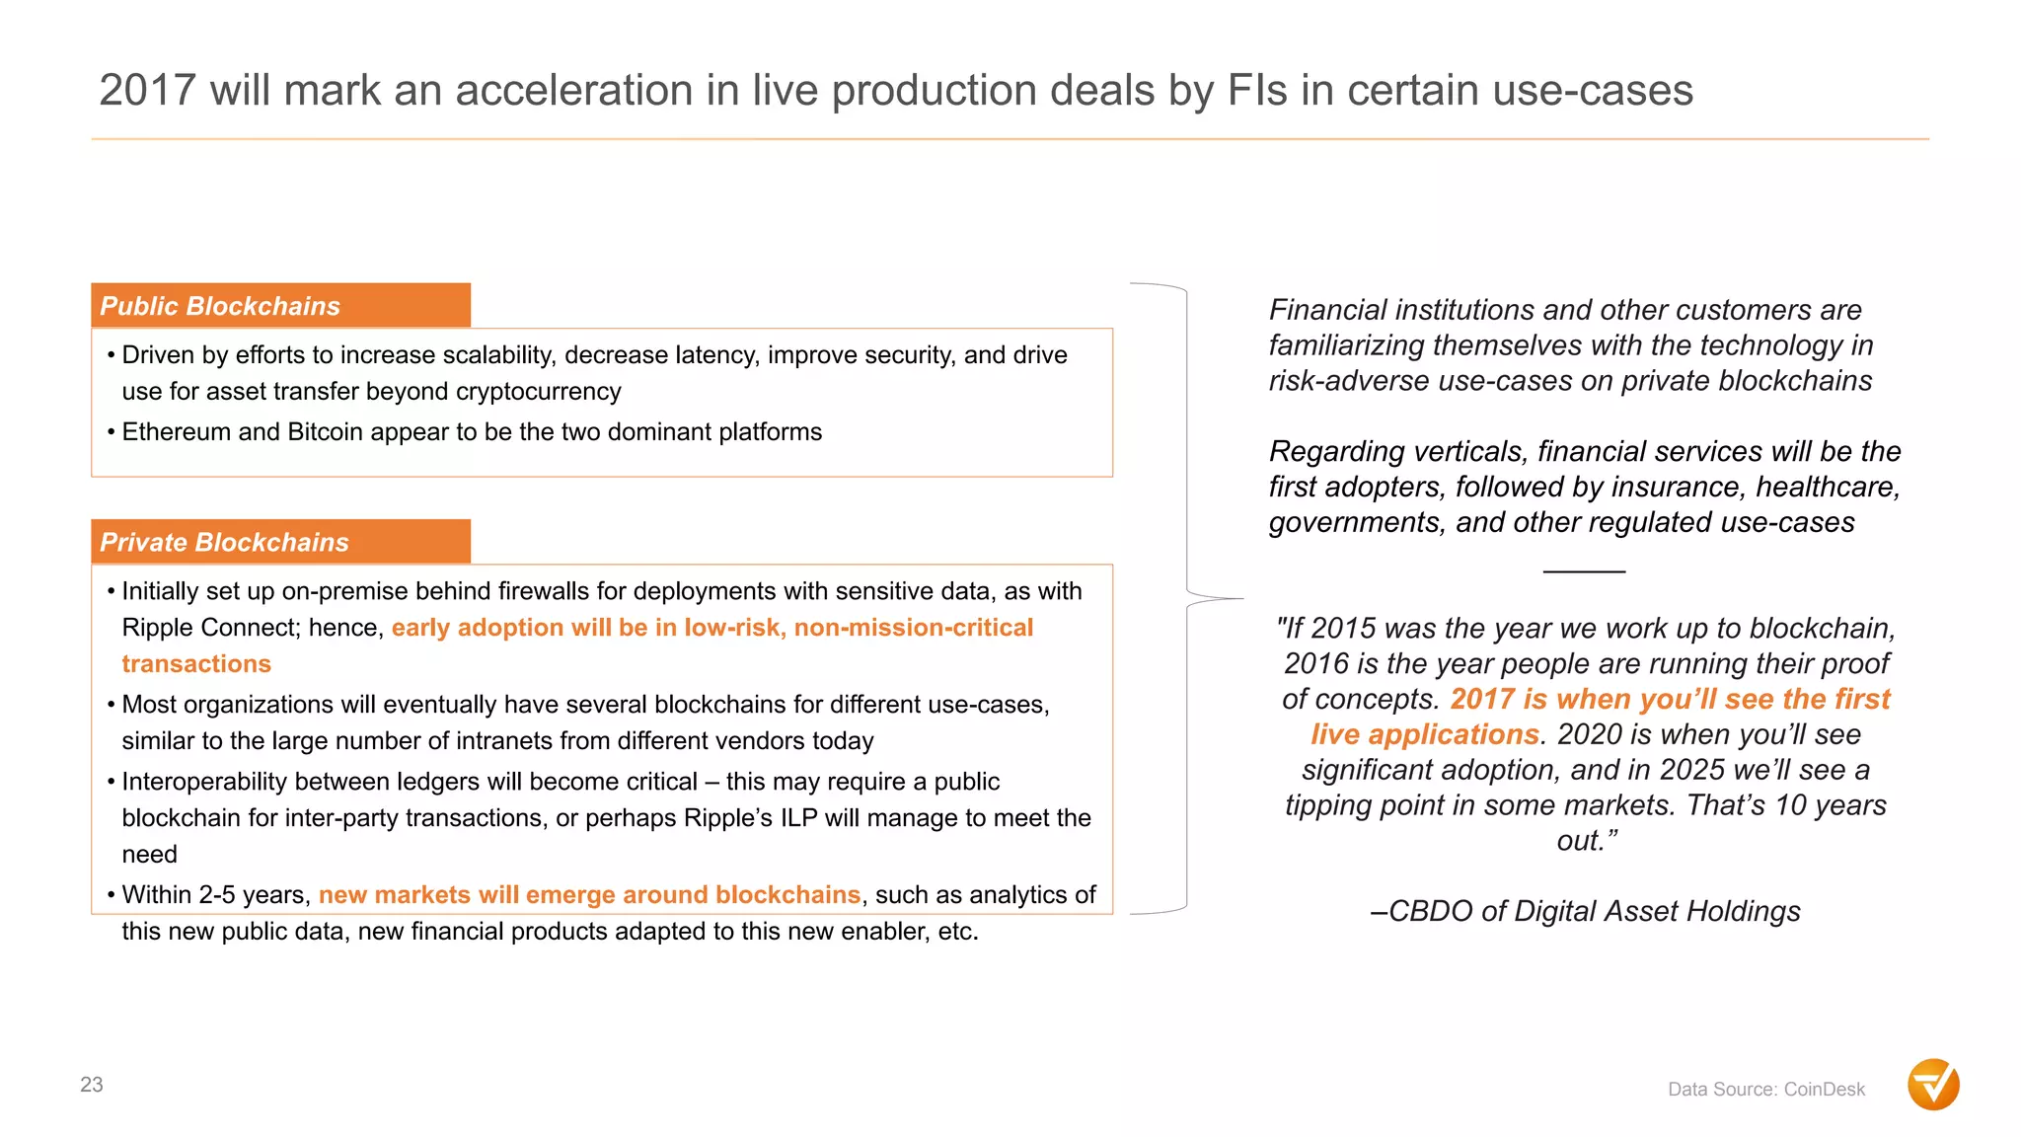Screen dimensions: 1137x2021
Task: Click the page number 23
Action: pyautogui.click(x=92, y=1085)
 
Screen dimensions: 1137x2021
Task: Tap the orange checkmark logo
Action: pyautogui.click(x=1933, y=1085)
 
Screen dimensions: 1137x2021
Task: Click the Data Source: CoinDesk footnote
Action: pyautogui.click(x=1765, y=1090)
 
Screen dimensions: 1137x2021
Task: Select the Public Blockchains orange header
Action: pyautogui.click(x=280, y=306)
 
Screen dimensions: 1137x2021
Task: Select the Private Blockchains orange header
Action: pyautogui.click(x=280, y=542)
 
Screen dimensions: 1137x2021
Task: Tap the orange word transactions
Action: pyautogui.click(x=196, y=664)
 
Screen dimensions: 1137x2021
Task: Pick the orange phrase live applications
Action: pyautogui.click(x=1424, y=734)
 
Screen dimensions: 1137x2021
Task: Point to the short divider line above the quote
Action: pyautogui.click(x=1584, y=571)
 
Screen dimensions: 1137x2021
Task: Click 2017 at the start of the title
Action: pyautogui.click(x=147, y=91)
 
